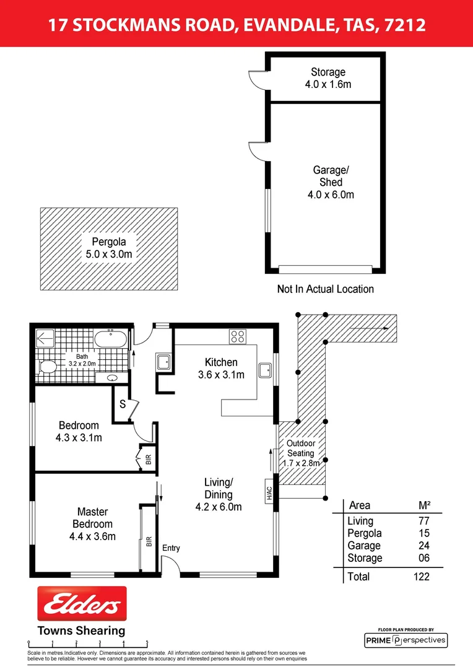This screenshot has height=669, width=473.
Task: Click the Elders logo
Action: pos(82,603)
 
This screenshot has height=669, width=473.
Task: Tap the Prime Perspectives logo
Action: pos(406,640)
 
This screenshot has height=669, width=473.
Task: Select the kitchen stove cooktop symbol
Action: pos(238,336)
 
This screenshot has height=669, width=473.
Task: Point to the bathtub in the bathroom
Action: pos(111,338)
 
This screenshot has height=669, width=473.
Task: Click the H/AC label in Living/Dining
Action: pos(269,493)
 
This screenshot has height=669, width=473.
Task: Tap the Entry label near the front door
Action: pos(171,548)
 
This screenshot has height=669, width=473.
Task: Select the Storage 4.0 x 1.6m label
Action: pos(328,78)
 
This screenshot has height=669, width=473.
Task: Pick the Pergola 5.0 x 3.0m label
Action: pos(108,248)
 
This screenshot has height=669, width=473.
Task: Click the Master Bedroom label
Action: pos(92,524)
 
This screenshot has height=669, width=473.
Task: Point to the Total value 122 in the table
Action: pos(420,577)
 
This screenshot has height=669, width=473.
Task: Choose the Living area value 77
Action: pos(424,521)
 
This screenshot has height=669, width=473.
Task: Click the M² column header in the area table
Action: pos(424,505)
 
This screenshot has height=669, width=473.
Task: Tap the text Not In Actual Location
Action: pos(325,289)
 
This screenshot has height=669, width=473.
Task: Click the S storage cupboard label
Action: pos(123,404)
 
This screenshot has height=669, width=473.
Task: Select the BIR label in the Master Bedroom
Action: pos(149,540)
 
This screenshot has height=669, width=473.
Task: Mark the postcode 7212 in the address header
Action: pos(403,25)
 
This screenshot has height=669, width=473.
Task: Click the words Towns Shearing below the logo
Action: pos(81,631)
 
